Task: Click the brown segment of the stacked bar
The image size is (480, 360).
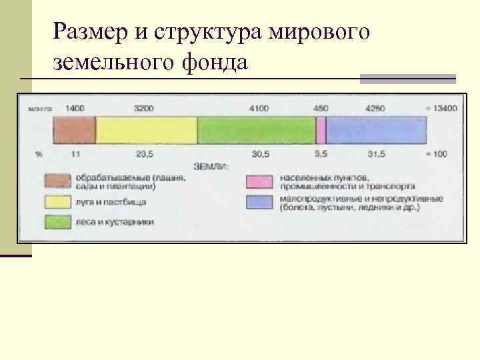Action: click(x=74, y=130)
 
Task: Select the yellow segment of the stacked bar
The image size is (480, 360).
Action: click(x=147, y=130)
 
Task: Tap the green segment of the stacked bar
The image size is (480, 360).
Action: click(x=256, y=130)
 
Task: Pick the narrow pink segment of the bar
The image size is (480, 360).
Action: click(x=321, y=130)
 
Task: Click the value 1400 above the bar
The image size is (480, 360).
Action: click(x=75, y=108)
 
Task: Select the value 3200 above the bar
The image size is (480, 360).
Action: click(x=143, y=108)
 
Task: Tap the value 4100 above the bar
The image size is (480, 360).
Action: click(x=259, y=108)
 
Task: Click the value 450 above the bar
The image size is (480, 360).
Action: click(x=321, y=108)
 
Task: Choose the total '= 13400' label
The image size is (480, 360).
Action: click(x=441, y=108)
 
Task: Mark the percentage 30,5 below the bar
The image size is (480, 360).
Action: click(x=261, y=153)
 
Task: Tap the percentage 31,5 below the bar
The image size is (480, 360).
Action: click(x=376, y=153)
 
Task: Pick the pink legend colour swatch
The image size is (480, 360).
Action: click(x=259, y=181)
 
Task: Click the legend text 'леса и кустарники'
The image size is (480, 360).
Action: click(x=115, y=222)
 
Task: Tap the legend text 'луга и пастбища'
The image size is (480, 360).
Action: click(x=111, y=201)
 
